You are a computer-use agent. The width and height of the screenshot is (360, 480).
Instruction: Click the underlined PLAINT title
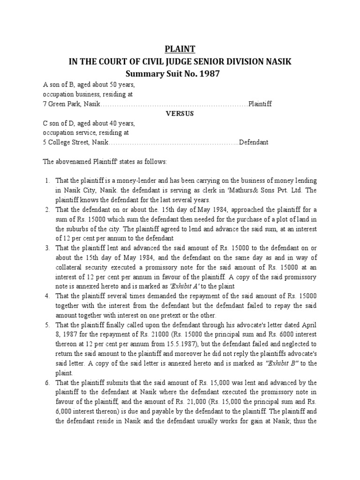tap(180, 49)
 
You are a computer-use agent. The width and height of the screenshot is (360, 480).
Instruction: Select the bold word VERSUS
tap(180, 114)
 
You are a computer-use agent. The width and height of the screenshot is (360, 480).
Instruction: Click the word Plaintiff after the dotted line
tap(260, 104)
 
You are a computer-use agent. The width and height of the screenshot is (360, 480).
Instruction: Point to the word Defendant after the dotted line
tap(254, 142)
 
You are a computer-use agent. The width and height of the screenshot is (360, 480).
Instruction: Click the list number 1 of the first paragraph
tap(47, 180)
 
